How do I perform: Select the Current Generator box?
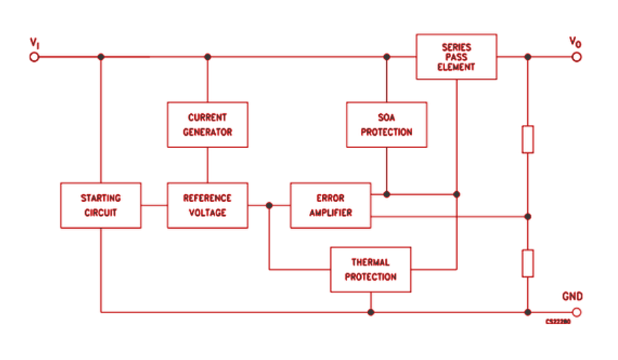pyautogui.click(x=207, y=124)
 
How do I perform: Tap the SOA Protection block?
pyautogui.click(x=386, y=124)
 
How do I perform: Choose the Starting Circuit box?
pyautogui.click(x=100, y=205)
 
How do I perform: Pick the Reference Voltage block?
pyautogui.click(x=207, y=205)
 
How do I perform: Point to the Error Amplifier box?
pyautogui.click(x=331, y=205)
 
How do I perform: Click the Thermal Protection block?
pyautogui.click(x=370, y=269)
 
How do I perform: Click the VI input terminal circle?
pyautogui.click(x=34, y=56)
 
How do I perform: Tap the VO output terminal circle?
pyautogui.click(x=575, y=56)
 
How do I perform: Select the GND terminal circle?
pyautogui.click(x=575, y=312)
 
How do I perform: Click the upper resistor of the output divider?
pyautogui.click(x=528, y=139)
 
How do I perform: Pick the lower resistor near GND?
pyautogui.click(x=528, y=263)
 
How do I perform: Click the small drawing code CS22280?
pyautogui.click(x=558, y=322)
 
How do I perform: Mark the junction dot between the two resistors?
pyautogui.click(x=528, y=216)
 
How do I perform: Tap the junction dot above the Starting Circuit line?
pyautogui.click(x=100, y=56)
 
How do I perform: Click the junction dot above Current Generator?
pyautogui.click(x=207, y=56)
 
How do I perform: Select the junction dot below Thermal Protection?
pyautogui.click(x=370, y=312)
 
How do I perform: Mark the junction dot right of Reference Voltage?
pyautogui.click(x=269, y=205)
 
